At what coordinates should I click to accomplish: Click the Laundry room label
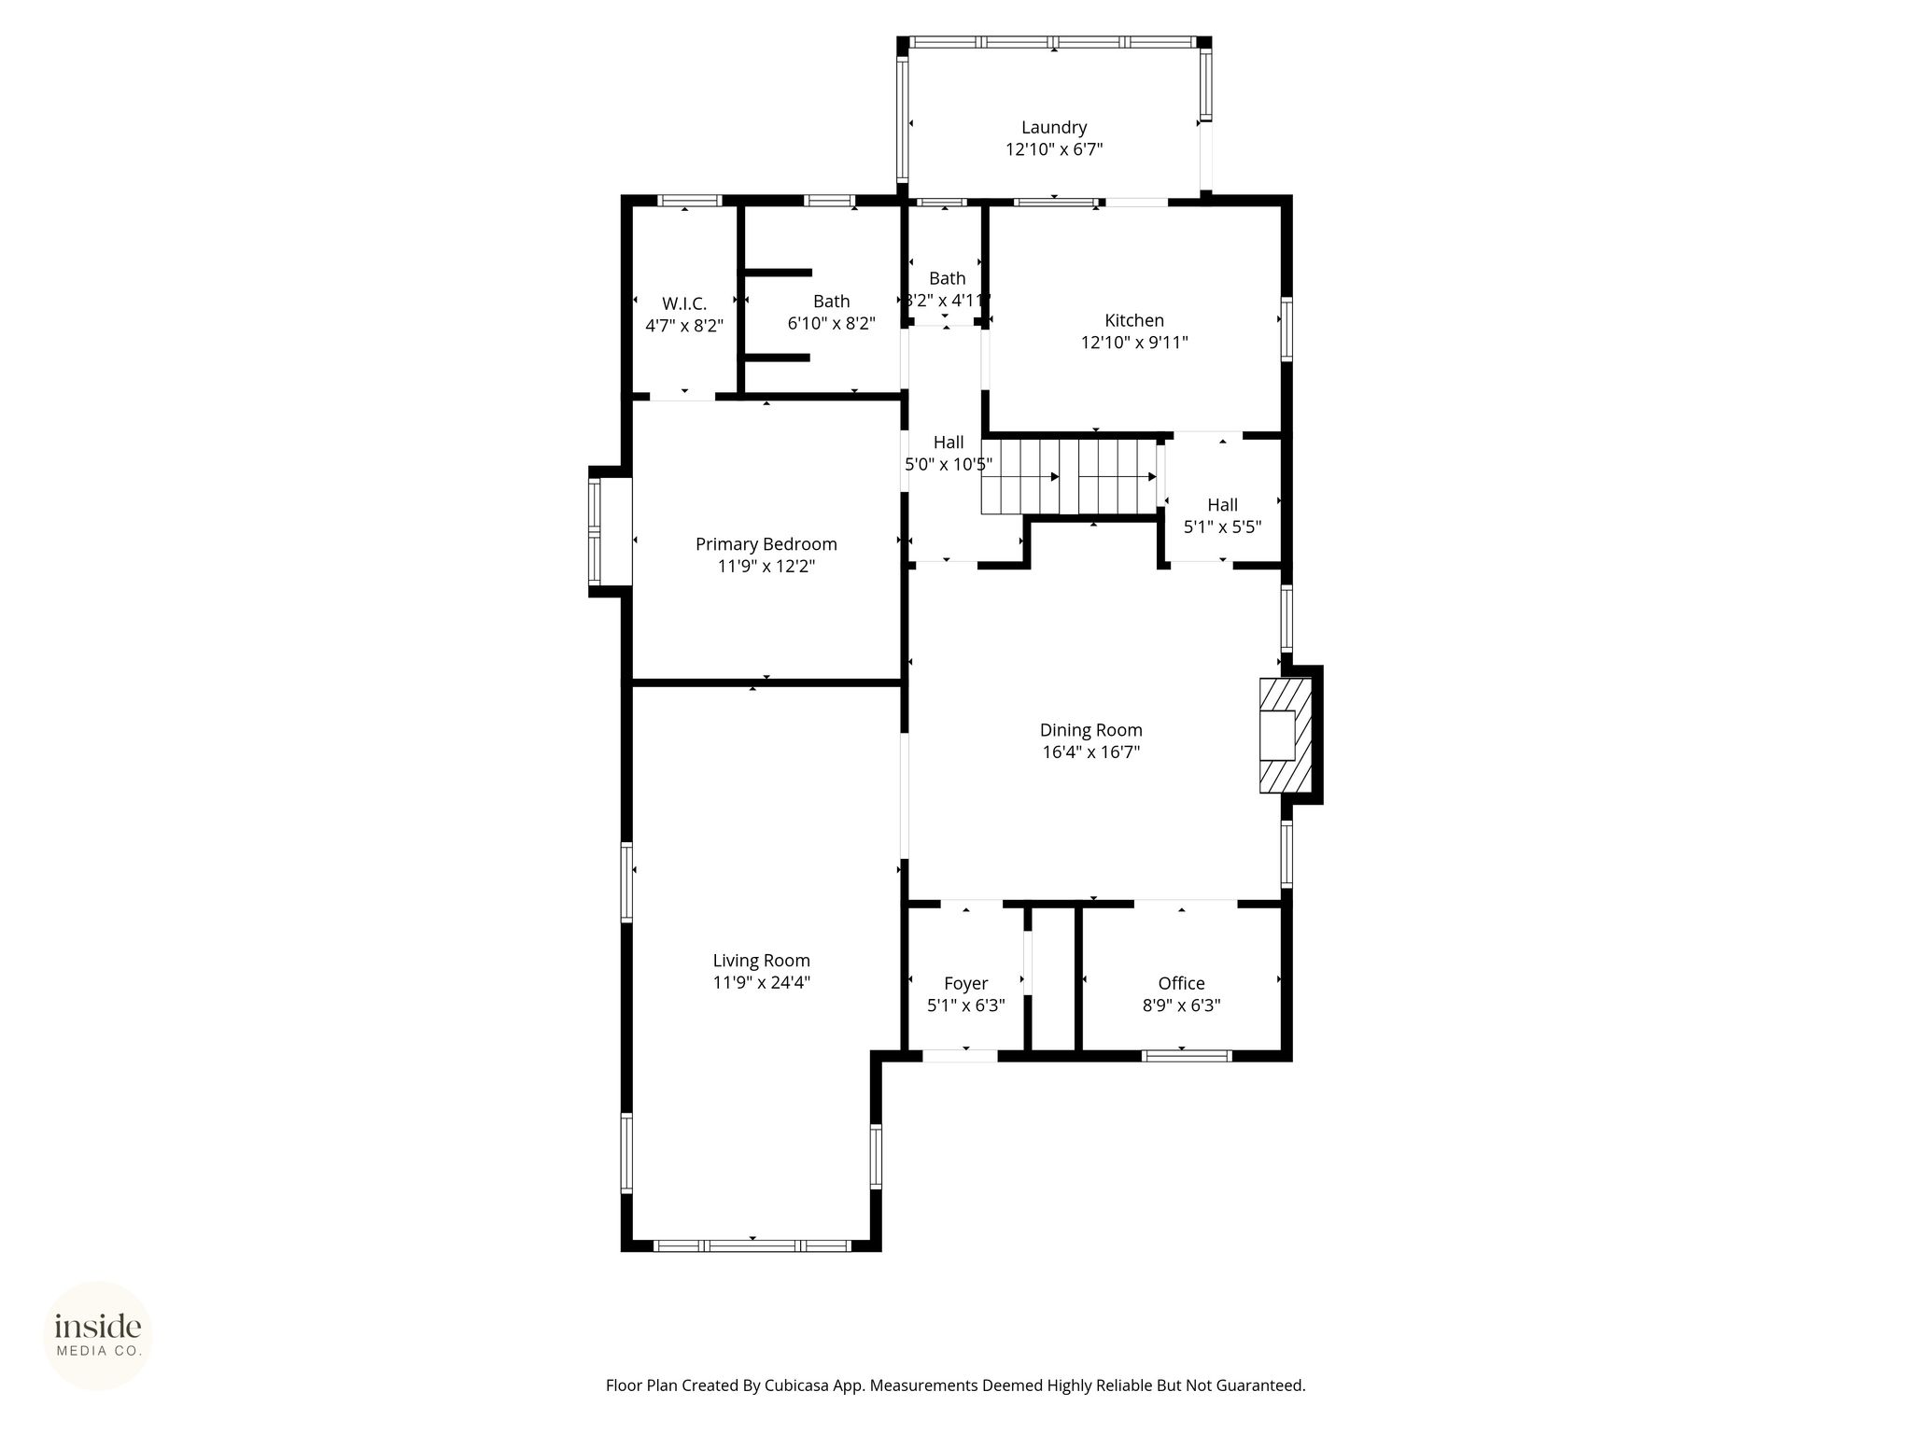(x=1054, y=127)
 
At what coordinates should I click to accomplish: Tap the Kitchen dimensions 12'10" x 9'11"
(x=1134, y=343)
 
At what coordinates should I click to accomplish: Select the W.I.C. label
(x=684, y=303)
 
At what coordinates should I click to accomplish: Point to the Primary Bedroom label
(x=766, y=544)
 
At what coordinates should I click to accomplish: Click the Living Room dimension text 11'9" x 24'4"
(x=762, y=982)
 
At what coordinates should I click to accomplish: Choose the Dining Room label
(x=1091, y=730)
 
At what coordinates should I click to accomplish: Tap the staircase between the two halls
(x=1069, y=477)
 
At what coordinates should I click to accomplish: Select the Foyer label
(x=966, y=983)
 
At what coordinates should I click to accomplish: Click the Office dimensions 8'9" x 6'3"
(x=1182, y=1005)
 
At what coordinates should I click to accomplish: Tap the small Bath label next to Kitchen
(x=948, y=278)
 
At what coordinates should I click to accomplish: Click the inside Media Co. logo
(x=98, y=1336)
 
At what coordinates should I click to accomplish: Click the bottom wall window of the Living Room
(x=752, y=1245)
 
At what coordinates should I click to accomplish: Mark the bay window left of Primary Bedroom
(x=595, y=531)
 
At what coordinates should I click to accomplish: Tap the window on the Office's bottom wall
(x=1187, y=1056)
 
